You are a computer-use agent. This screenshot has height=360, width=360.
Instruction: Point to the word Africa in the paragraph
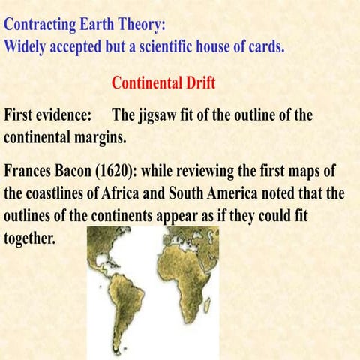click(142, 192)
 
